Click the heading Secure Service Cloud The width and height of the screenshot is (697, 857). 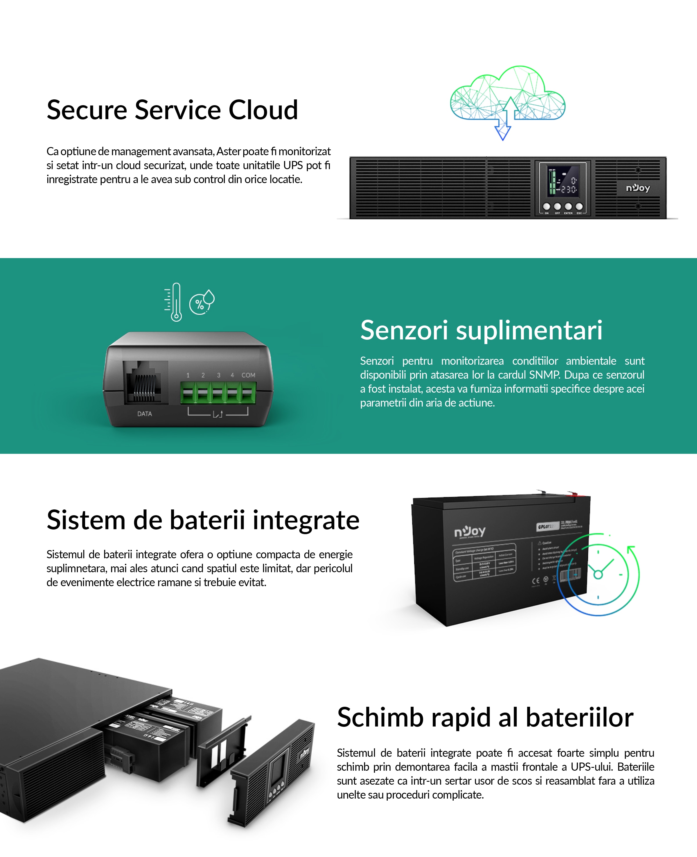click(172, 110)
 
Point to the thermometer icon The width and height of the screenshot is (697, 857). click(176, 302)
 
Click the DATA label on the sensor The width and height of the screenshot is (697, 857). click(145, 414)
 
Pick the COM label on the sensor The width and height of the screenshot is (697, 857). click(248, 375)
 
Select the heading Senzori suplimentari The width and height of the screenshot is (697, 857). click(481, 330)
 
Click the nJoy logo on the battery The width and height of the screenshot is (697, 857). click(470, 532)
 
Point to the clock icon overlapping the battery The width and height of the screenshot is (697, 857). click(598, 575)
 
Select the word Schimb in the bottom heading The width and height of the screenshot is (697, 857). click(380, 718)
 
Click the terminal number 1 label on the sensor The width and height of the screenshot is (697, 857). click(188, 375)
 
